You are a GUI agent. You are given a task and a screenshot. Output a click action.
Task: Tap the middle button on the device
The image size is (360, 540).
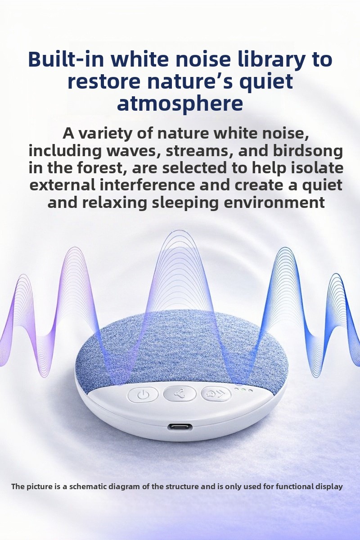[179, 394]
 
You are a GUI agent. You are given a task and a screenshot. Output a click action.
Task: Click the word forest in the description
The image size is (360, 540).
[102, 168]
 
